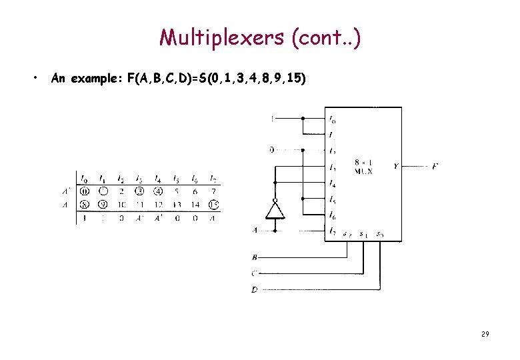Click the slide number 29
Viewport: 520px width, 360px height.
click(485, 333)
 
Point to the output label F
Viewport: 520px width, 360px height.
click(435, 165)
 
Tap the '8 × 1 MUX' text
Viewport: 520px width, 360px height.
click(363, 167)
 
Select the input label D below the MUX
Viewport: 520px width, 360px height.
click(254, 289)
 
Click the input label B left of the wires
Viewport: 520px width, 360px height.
click(254, 257)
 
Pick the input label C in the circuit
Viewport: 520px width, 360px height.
click(254, 273)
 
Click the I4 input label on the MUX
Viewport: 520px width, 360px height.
click(332, 183)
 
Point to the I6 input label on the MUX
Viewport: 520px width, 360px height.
click(332, 215)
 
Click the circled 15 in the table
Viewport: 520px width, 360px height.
click(213, 205)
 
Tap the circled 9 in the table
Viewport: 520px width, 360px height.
click(102, 205)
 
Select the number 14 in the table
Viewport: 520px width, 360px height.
click(195, 205)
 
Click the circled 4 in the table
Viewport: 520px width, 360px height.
click(157, 191)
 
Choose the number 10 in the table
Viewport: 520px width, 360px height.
click(121, 205)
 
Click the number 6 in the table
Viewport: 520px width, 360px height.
click(195, 191)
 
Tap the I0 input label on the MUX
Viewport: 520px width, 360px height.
click(332, 120)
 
